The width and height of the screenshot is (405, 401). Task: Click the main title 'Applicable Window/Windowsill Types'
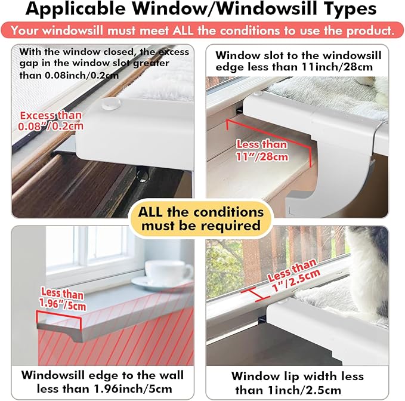point(202,10)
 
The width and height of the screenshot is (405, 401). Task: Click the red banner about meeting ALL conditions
point(202,30)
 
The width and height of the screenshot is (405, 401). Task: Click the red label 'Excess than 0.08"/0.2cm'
point(51,121)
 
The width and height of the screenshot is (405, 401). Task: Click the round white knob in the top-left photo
point(110,104)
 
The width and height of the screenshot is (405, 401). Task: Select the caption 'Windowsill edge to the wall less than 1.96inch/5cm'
point(101,382)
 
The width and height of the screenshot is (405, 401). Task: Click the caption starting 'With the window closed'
point(103,63)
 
